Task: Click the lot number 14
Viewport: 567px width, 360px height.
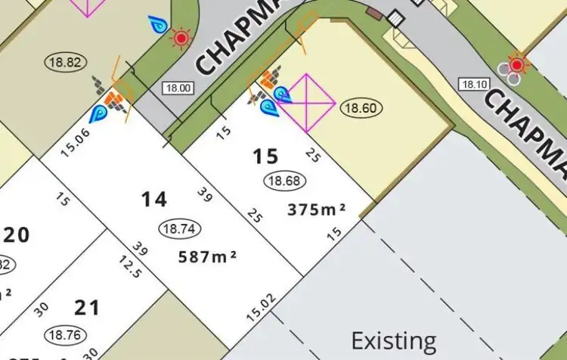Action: click(x=154, y=199)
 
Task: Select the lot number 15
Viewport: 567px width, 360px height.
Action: click(x=265, y=157)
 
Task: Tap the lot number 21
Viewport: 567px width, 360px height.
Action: click(x=88, y=307)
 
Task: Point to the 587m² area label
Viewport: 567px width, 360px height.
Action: click(x=207, y=256)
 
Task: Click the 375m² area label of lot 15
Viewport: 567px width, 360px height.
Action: click(x=317, y=210)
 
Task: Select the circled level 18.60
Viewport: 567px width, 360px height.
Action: click(x=361, y=108)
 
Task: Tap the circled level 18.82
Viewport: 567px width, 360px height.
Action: click(x=67, y=62)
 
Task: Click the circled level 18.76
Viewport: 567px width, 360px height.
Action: click(x=66, y=334)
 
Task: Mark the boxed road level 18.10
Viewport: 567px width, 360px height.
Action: click(x=473, y=84)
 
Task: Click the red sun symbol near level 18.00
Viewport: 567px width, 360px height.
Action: click(x=181, y=36)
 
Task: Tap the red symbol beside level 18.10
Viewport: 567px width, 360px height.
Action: click(x=517, y=64)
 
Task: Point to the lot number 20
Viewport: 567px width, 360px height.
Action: click(x=17, y=234)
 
